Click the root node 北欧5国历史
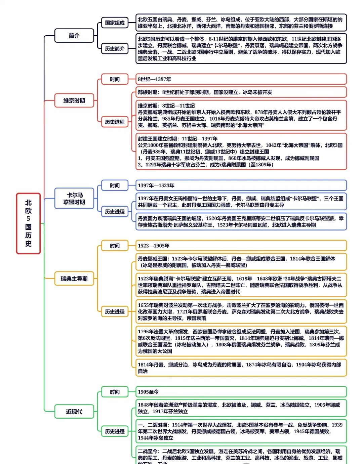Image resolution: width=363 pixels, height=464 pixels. pyautogui.click(x=28, y=223)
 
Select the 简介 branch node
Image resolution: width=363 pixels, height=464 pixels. pyautogui.click(x=74, y=36)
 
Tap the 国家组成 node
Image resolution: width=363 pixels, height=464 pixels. pyautogui.click(x=115, y=23)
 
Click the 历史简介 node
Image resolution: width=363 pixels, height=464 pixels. pyautogui.click(x=115, y=49)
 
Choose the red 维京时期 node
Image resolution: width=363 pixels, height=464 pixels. pyautogui.click(x=74, y=100)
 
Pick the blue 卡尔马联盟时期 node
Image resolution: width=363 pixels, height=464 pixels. pyautogui.click(x=74, y=199)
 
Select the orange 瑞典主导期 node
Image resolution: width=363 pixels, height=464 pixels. pyautogui.click(x=74, y=279)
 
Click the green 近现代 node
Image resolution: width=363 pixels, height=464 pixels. pyautogui.click(x=74, y=412)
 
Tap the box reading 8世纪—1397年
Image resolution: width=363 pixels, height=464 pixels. pyautogui.click(x=241, y=79)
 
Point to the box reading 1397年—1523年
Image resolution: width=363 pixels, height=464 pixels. pyautogui.click(x=241, y=185)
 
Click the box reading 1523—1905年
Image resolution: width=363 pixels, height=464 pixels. pyautogui.click(x=241, y=246)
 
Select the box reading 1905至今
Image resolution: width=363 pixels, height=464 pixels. pyautogui.click(x=241, y=392)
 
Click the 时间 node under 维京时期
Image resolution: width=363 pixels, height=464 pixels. pyautogui.click(x=115, y=79)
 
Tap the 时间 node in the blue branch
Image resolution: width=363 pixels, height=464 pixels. pyautogui.click(x=115, y=185)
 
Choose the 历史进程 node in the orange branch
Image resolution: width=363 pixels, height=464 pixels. pyautogui.click(x=115, y=312)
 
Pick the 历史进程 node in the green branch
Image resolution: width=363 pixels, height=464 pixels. pyautogui.click(x=115, y=431)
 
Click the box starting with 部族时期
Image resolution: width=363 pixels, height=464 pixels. pyautogui.click(x=241, y=92)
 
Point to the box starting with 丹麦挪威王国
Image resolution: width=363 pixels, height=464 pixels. pyautogui.click(x=241, y=262)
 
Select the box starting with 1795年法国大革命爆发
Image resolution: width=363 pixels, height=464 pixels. pyautogui.click(x=241, y=341)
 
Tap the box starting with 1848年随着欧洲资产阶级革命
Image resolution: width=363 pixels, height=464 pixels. pyautogui.click(x=241, y=408)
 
